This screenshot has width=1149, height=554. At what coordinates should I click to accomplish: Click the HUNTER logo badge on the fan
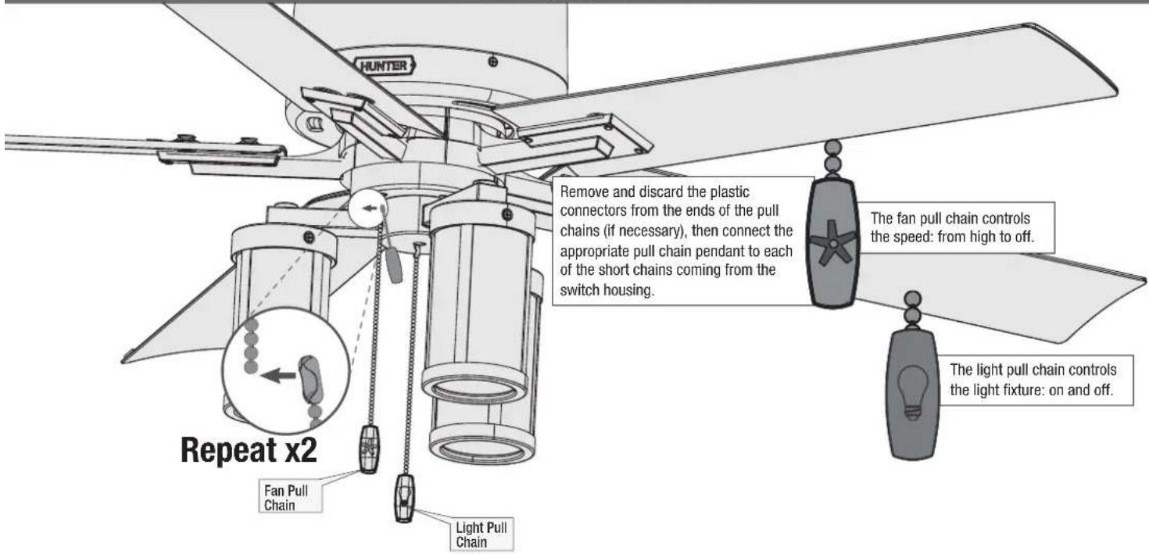click(385, 66)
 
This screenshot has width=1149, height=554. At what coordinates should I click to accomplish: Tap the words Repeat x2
click(249, 450)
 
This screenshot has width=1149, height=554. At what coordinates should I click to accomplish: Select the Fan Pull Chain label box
click(290, 498)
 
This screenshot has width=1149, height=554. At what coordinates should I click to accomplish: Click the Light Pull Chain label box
click(481, 534)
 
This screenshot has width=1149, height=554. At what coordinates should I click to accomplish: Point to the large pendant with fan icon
click(833, 243)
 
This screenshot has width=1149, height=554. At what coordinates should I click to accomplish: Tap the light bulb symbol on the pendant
click(912, 393)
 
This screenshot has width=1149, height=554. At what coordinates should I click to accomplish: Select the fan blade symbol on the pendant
click(832, 243)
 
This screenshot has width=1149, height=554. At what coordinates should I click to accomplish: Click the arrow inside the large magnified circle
click(278, 376)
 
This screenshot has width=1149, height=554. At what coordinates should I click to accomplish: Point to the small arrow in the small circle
click(369, 209)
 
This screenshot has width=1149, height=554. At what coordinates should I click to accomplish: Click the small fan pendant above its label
click(369, 449)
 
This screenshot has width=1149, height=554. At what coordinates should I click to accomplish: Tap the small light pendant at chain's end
click(405, 498)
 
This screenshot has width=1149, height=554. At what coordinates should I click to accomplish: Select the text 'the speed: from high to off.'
click(953, 237)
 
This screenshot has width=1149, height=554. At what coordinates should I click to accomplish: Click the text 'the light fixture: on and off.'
click(1032, 390)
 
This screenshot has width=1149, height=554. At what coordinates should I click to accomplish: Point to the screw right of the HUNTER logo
click(493, 62)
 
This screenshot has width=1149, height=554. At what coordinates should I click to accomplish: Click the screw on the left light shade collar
click(309, 237)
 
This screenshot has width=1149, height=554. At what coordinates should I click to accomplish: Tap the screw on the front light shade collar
click(507, 214)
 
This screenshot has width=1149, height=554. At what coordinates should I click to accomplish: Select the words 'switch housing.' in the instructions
click(607, 291)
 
